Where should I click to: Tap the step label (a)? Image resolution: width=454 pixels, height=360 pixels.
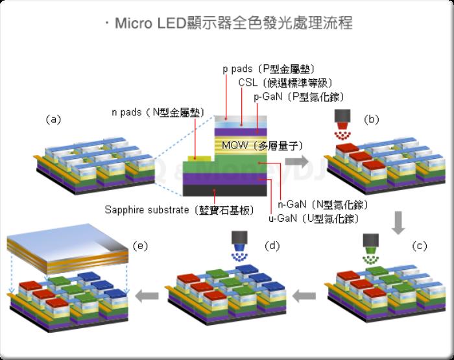[53, 119]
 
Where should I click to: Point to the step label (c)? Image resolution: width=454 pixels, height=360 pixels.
[420, 245]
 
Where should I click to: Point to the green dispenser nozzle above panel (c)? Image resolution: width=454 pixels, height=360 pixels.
[371, 242]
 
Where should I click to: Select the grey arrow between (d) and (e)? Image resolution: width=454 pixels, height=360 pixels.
[152, 296]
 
